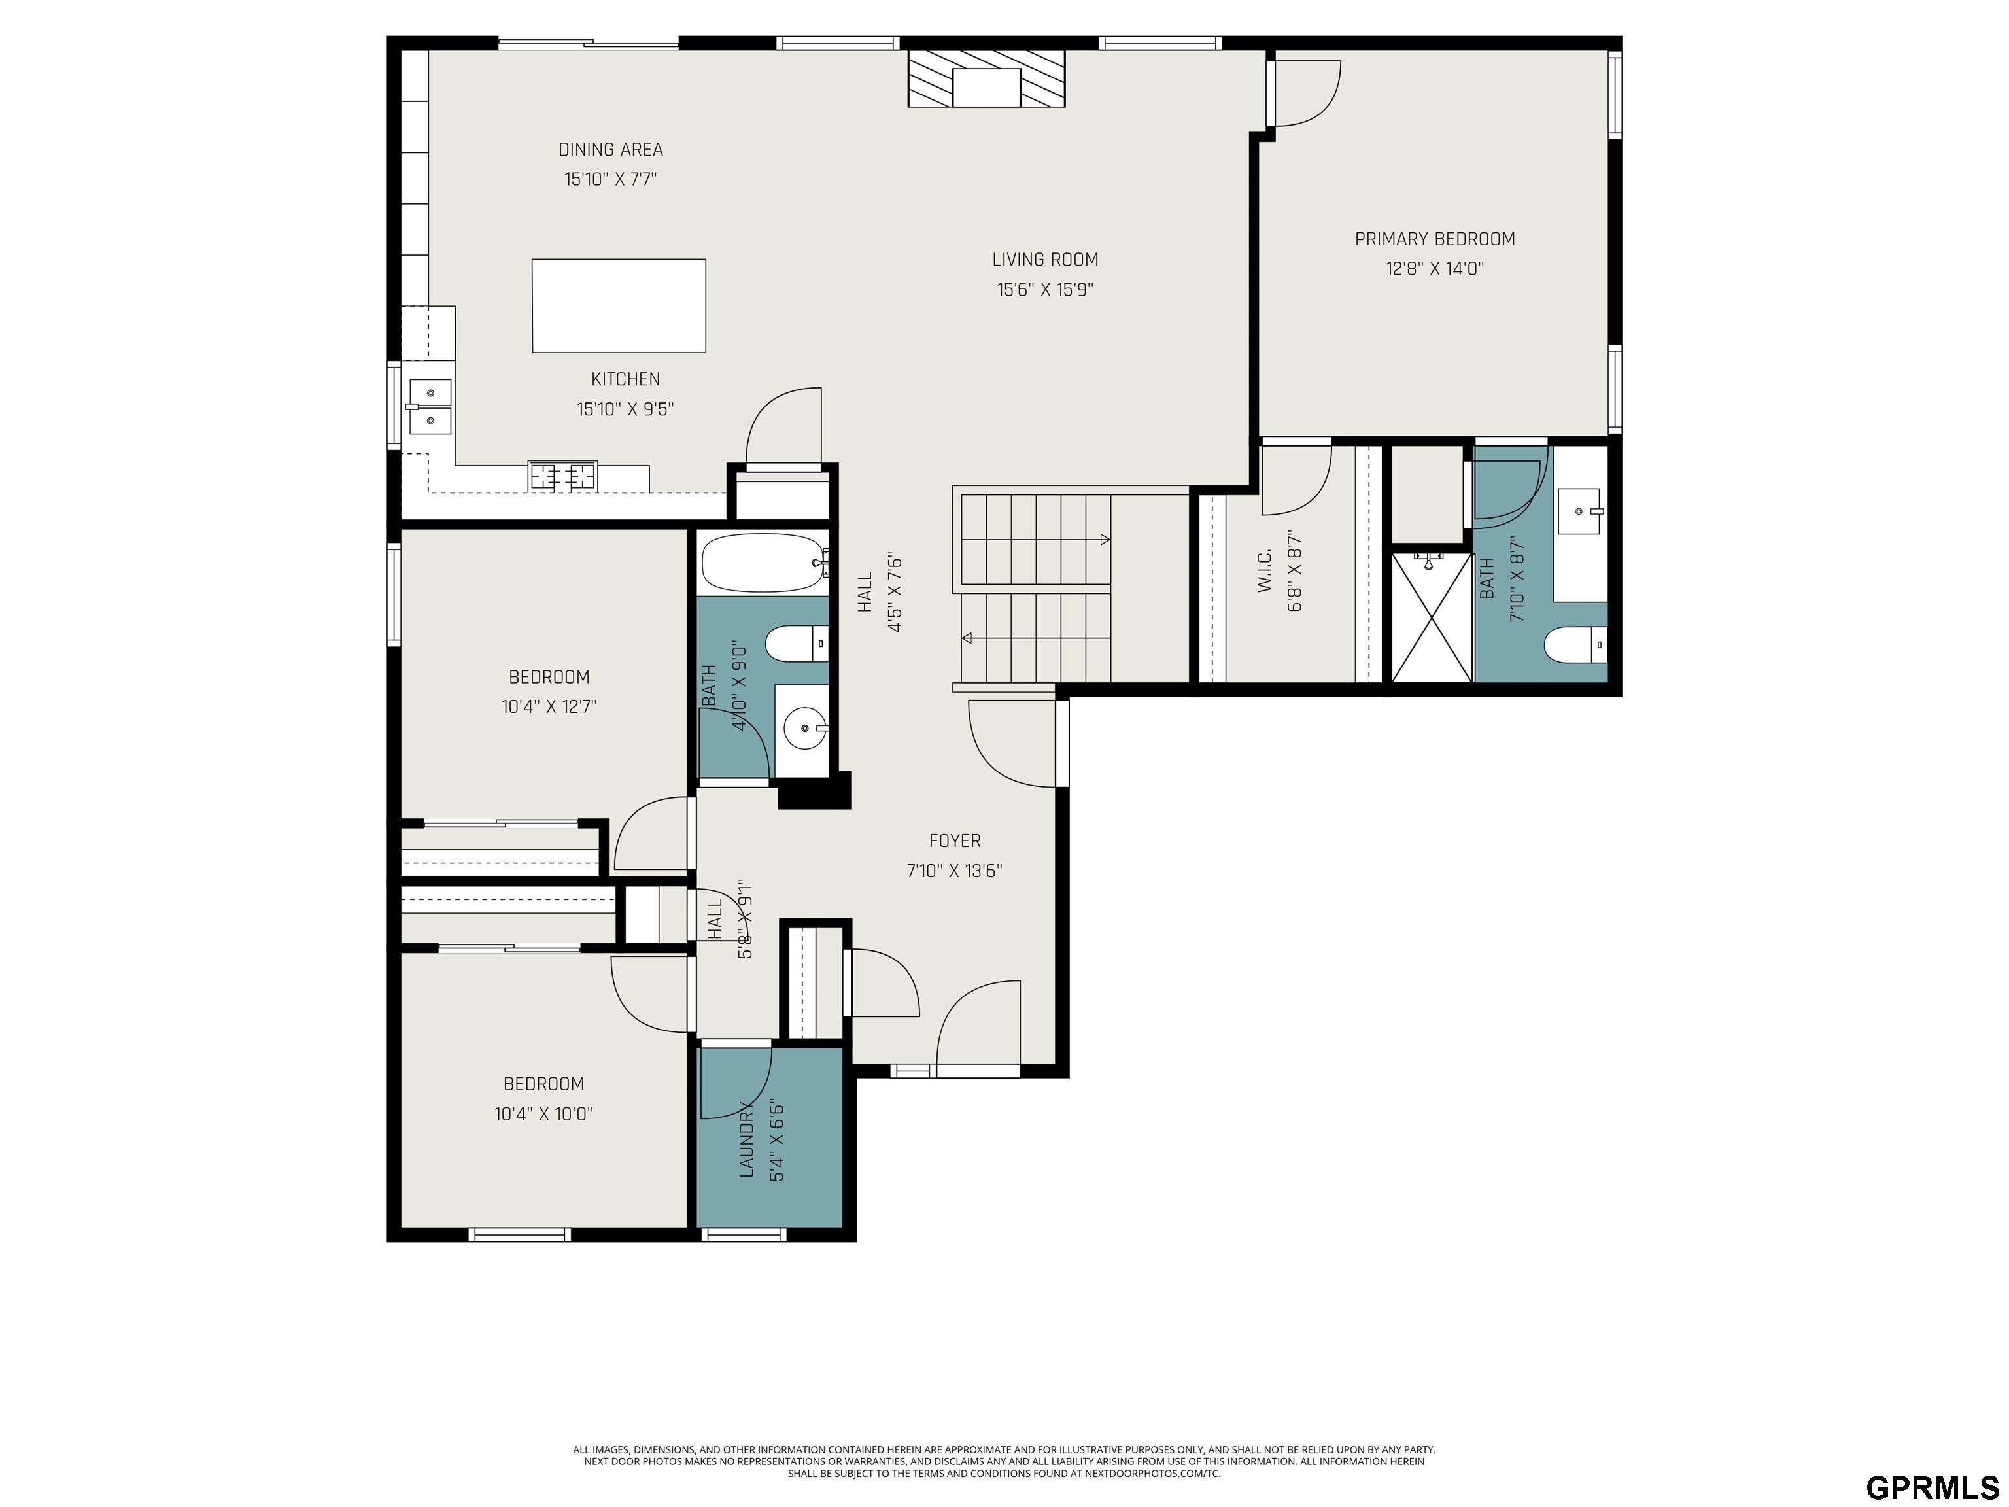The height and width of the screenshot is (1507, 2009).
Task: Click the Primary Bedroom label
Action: pyautogui.click(x=1435, y=239)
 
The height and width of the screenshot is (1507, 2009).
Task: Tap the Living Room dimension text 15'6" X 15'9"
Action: pyautogui.click(x=1045, y=290)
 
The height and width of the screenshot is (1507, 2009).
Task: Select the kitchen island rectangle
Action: pyautogui.click(x=619, y=305)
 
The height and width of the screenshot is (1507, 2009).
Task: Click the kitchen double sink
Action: pyautogui.click(x=429, y=407)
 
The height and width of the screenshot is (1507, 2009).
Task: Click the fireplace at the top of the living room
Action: pyautogui.click(x=986, y=78)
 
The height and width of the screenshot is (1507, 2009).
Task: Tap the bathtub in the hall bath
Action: pyautogui.click(x=764, y=563)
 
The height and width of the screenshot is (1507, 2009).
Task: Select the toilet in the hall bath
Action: pyautogui.click(x=797, y=644)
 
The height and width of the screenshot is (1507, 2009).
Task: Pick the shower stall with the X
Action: pyautogui.click(x=1432, y=616)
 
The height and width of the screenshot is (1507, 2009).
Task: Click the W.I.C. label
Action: pyautogui.click(x=1265, y=572)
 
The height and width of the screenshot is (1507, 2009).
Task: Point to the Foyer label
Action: pyautogui.click(x=955, y=841)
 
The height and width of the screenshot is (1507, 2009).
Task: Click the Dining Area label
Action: pyautogui.click(x=610, y=149)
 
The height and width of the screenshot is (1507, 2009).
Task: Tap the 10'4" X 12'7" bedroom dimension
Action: pyautogui.click(x=549, y=706)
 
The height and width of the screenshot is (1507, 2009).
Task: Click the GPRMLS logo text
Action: pyautogui.click(x=1932, y=1487)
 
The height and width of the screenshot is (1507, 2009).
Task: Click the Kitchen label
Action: pyautogui.click(x=626, y=379)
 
